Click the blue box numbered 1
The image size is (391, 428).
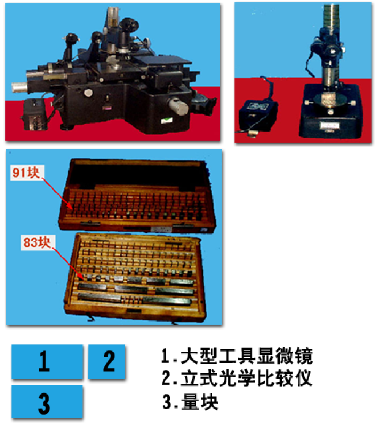pyautogui.click(x=47, y=361)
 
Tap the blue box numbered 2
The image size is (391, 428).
pyautogui.click(x=107, y=361)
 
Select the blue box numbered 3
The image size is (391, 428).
pyautogui.click(x=47, y=402)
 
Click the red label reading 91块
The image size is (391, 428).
pyautogui.click(x=26, y=172)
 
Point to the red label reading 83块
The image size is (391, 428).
pyautogui.click(x=37, y=242)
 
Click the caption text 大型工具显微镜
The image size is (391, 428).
pyautogui.click(x=247, y=356)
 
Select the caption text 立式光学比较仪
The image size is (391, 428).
pyautogui.click(x=246, y=378)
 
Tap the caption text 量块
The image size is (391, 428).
pyautogui.click(x=200, y=402)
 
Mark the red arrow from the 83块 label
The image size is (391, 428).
pyautogui.click(x=67, y=263)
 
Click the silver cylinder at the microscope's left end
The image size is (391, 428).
pyautogui.click(x=19, y=87)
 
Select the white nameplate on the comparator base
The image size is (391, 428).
pyautogui.click(x=330, y=125)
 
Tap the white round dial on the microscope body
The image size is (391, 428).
pyautogui.click(x=89, y=93)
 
